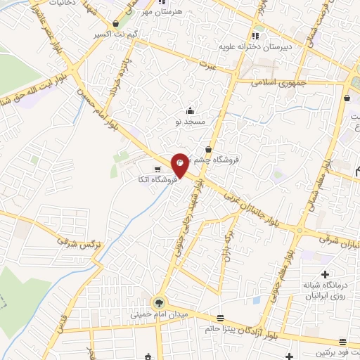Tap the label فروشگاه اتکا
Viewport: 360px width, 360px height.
coord(156,180)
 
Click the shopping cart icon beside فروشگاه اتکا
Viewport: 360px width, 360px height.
coord(157,169)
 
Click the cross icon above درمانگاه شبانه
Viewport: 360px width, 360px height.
coord(325,274)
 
